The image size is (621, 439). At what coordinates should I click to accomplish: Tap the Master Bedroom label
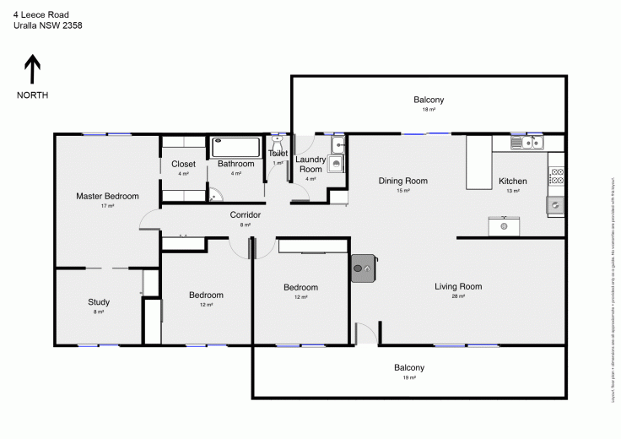107,196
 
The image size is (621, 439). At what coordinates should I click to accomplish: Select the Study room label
99,302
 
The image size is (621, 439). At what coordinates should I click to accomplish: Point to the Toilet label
278,153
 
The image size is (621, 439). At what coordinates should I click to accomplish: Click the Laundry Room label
310,164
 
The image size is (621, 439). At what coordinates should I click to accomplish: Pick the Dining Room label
402,181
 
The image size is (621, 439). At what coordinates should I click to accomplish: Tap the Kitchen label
513,181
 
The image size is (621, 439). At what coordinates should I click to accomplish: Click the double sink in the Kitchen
528,143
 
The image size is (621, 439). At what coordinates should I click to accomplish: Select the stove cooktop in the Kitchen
556,176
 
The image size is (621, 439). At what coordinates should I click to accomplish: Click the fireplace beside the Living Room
363,268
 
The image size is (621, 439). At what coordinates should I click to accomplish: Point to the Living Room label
458,286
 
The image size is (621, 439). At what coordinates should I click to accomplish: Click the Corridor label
246,215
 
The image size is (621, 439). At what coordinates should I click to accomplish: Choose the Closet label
183,164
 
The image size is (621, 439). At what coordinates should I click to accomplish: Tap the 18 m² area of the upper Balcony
429,110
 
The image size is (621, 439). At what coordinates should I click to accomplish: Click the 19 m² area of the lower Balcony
409,378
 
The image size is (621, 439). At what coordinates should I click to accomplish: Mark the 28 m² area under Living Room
458,297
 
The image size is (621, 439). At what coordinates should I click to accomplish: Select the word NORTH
32,95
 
